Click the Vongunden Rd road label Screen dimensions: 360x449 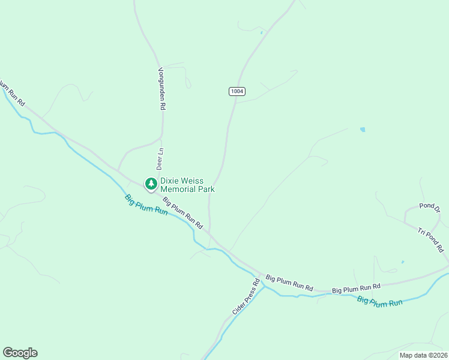tap(161, 88)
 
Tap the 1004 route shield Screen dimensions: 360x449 tap(237, 91)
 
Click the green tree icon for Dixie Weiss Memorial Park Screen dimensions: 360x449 tap(149, 183)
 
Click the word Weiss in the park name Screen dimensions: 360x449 tap(194, 181)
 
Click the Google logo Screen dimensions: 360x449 tap(20, 353)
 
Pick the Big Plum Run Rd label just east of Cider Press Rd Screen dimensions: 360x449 tap(289, 283)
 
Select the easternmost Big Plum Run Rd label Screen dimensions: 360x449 tap(357, 289)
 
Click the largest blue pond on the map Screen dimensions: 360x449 tap(362, 129)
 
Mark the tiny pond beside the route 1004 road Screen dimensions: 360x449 tap(262, 32)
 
